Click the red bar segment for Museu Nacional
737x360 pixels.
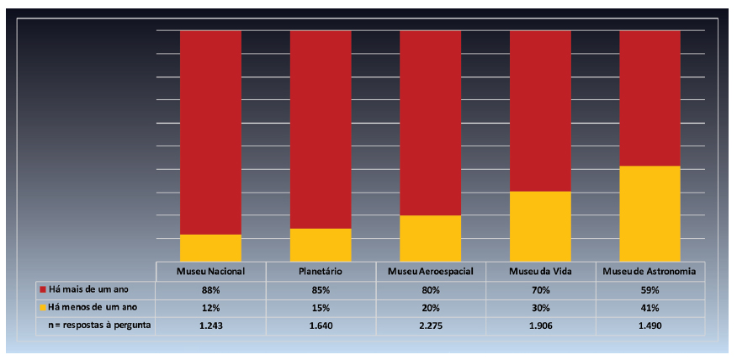tap(210, 132)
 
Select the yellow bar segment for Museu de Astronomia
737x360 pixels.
tap(650, 213)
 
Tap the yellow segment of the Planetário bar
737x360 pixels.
tap(321, 244)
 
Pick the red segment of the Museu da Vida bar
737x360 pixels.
tap(540, 110)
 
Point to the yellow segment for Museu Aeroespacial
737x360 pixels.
tap(430, 238)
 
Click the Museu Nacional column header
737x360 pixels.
tap(210, 272)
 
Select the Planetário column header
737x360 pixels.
tap(321, 272)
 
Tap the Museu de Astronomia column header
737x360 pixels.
tap(650, 272)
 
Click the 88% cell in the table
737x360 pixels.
tap(210, 289)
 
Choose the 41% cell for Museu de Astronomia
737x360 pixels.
tap(650, 307)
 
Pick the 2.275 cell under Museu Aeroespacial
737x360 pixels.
tap(430, 326)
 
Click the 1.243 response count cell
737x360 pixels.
tap(210, 326)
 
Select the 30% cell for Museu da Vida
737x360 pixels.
tap(540, 307)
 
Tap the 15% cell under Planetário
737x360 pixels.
tap(321, 307)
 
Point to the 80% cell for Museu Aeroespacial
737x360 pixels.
tap(430, 289)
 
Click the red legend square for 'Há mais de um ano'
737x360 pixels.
tap(43, 289)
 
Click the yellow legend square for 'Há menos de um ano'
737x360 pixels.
tap(43, 307)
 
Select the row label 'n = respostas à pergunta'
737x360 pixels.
tap(99, 326)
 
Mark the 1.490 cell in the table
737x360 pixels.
tap(650, 326)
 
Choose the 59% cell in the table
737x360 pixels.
tap(650, 289)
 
